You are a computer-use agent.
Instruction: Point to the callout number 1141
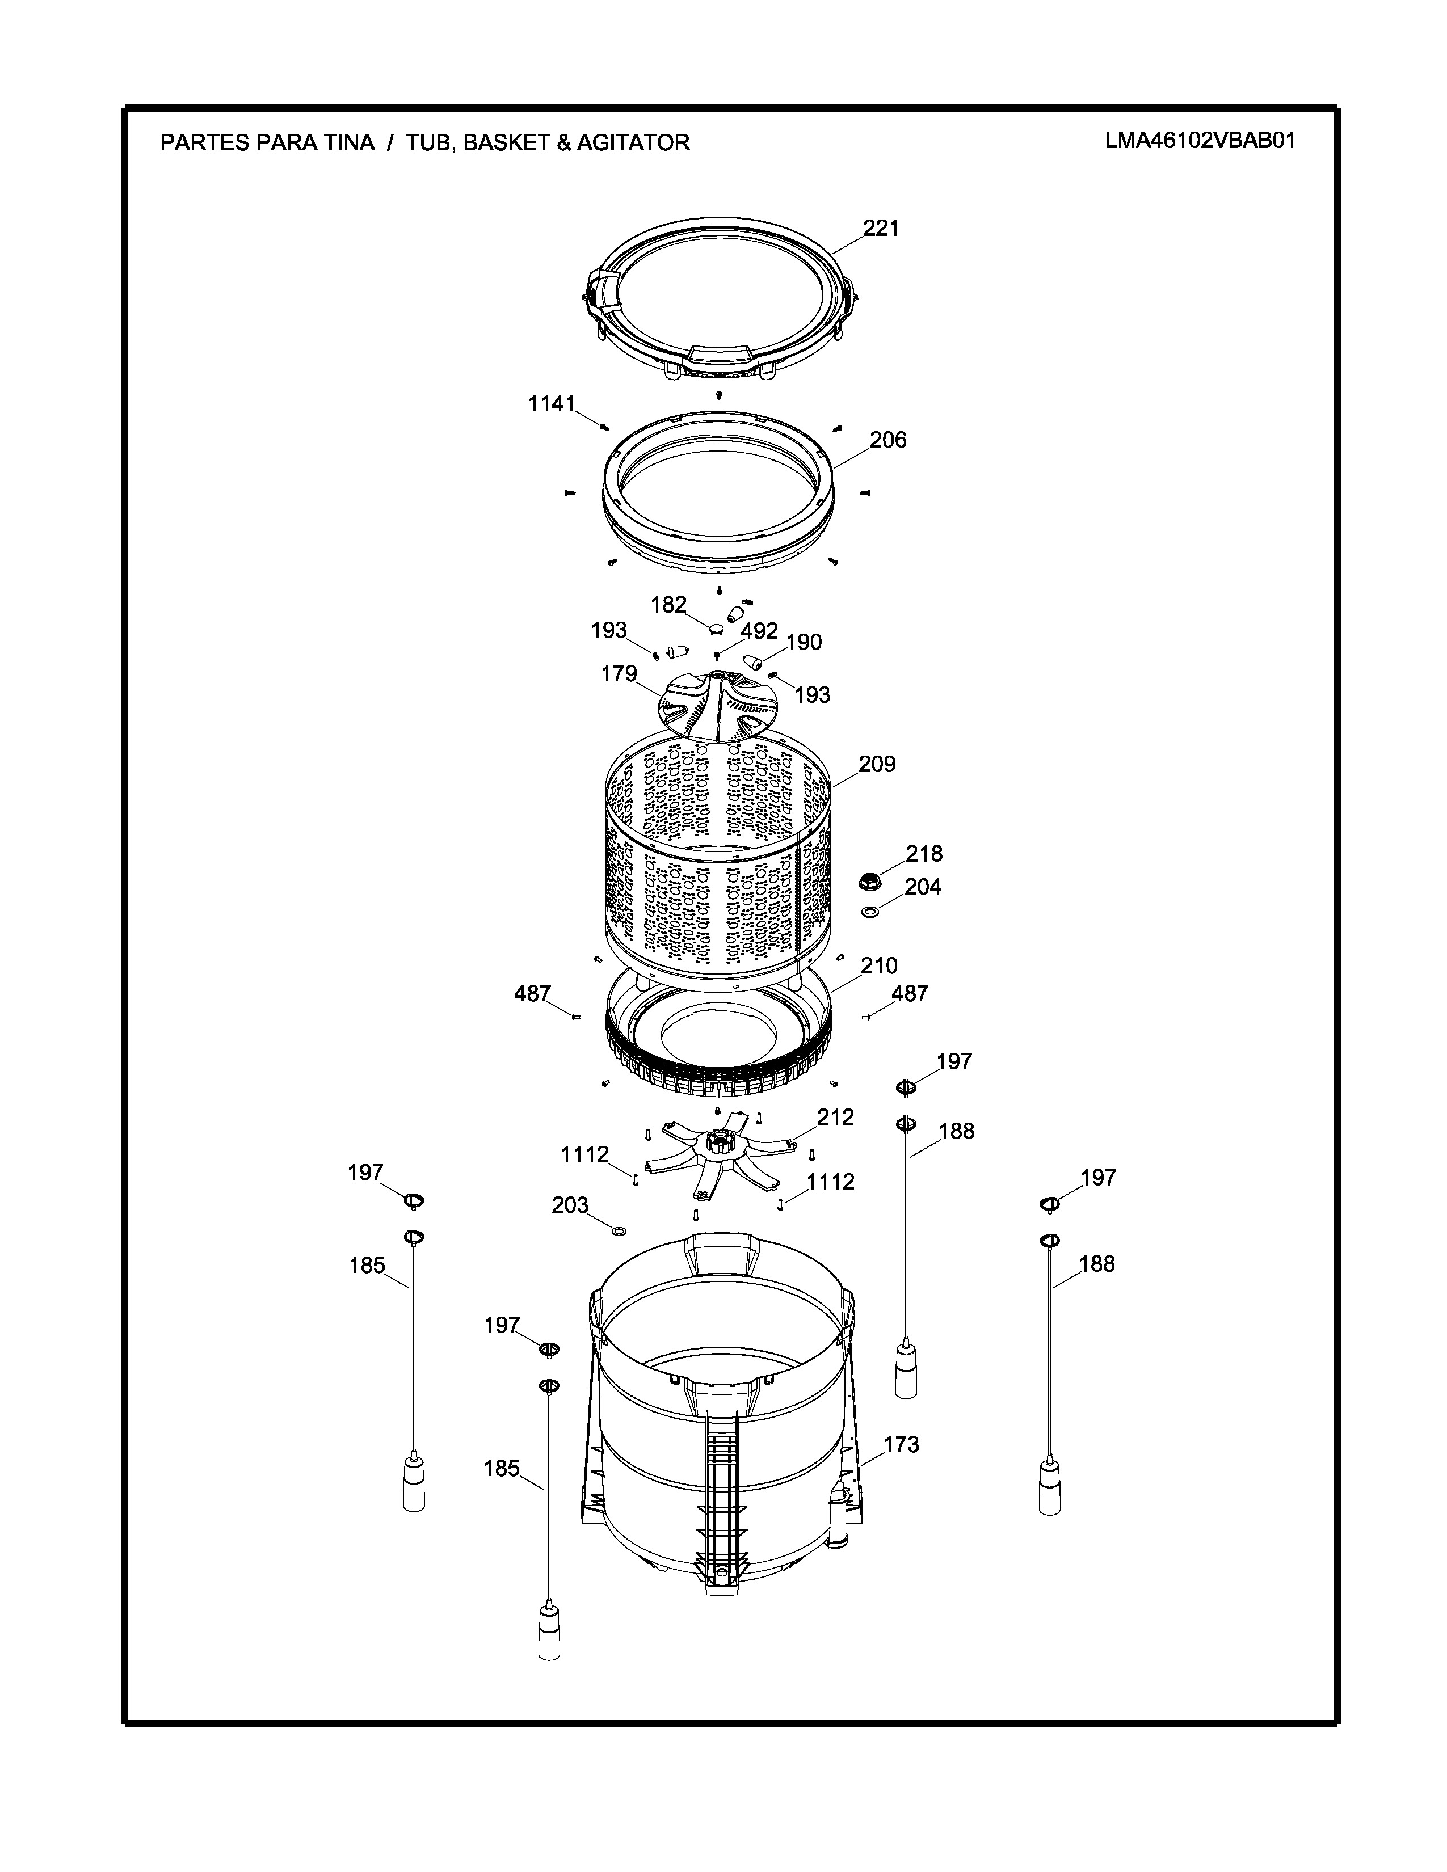(x=551, y=404)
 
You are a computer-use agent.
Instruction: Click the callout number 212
(x=836, y=1117)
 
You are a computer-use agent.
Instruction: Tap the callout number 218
(x=924, y=854)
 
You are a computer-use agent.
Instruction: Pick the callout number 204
(x=923, y=887)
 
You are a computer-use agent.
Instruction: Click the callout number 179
(x=619, y=674)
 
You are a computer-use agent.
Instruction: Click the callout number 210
(x=878, y=966)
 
